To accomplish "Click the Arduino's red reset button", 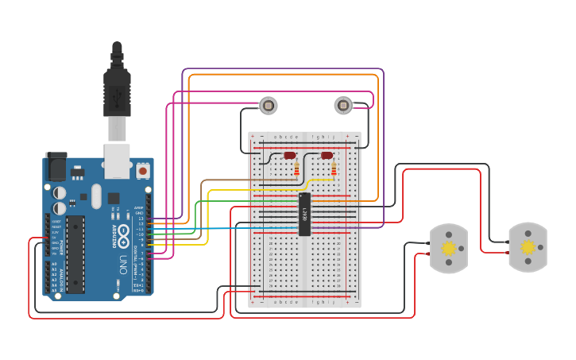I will point(143,170).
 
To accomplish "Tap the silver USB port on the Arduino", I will point(118,161).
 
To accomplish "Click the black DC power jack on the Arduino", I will point(56,166).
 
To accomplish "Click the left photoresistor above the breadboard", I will point(269,105).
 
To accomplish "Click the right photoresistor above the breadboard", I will point(342,105).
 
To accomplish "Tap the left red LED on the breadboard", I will point(290,156).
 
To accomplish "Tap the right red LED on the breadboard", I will point(327,156).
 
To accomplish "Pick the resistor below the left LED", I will point(297,168).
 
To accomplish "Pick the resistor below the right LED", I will point(334,168).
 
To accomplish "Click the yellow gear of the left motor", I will point(449,248).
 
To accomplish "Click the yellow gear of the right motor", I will point(528,247).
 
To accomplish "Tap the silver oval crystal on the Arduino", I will point(96,195).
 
